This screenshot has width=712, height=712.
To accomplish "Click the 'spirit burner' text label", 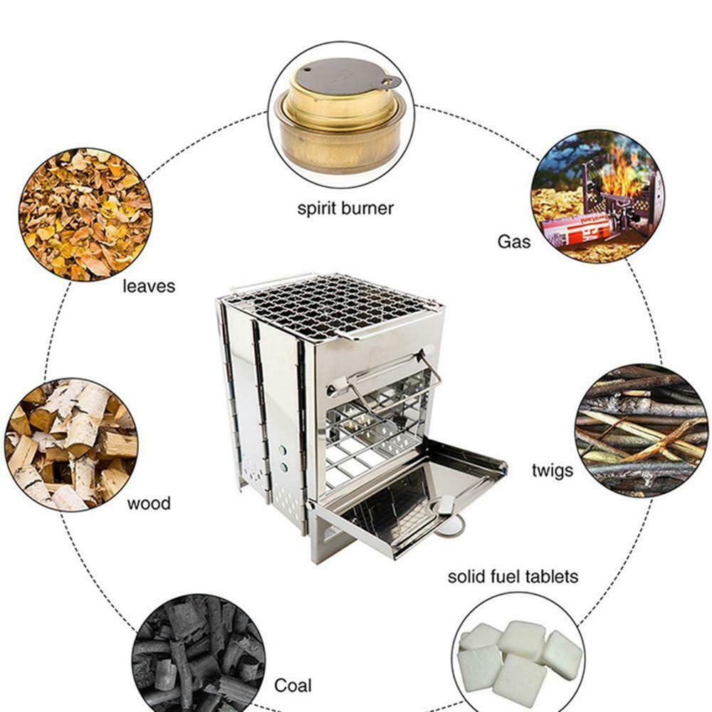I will pyautogui.click(x=345, y=209).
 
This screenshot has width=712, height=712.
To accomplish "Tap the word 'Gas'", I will pyautogui.click(x=513, y=242).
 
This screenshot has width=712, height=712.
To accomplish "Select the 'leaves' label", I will pyautogui.click(x=148, y=286).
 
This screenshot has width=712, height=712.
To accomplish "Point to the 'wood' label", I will pyautogui.click(x=149, y=504).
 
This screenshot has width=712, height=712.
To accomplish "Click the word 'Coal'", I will pyautogui.click(x=293, y=686).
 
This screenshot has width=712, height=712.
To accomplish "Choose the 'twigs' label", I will pyautogui.click(x=552, y=471).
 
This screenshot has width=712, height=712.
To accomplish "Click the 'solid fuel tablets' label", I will pyautogui.click(x=513, y=576).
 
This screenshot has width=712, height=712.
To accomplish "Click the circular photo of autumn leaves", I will pyautogui.click(x=85, y=214).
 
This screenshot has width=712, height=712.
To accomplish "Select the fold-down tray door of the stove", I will pyautogui.click(x=406, y=498).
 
